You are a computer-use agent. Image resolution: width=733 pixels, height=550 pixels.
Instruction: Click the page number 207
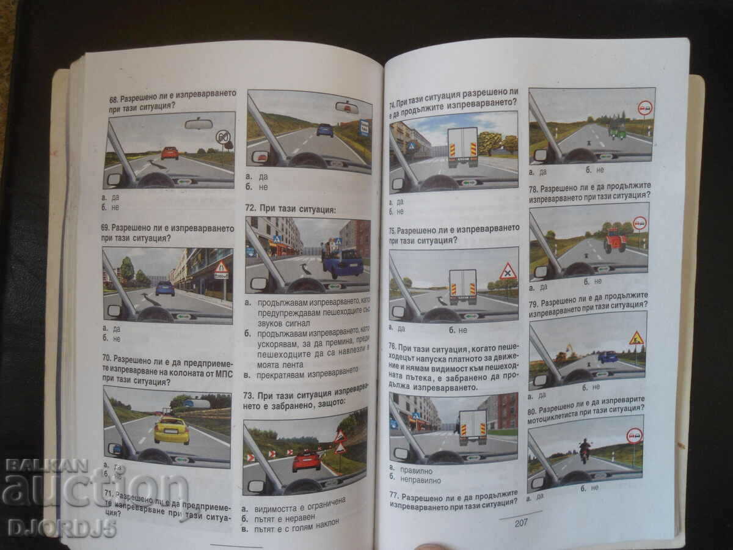coord(520,522)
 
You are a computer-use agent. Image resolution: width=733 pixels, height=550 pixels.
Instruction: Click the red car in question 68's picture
coord(170,153)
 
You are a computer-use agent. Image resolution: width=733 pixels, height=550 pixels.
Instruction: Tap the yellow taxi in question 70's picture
coord(171,430)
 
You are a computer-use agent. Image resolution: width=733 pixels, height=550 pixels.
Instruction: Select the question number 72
coord(250,208)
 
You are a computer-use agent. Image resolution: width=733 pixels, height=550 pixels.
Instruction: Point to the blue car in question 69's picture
coord(165,288)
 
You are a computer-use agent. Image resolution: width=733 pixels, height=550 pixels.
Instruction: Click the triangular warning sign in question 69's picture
coord(221,268)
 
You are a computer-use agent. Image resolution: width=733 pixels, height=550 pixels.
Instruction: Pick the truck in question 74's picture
coord(463,147)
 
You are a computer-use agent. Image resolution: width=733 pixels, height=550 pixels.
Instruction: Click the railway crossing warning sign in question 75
coord(508,271)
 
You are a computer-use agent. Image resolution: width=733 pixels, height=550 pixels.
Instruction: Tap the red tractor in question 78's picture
coord(614,240)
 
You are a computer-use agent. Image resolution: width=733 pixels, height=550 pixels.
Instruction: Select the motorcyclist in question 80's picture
coord(585,450)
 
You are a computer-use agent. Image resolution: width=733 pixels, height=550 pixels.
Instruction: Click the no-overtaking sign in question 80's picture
coord(635,436)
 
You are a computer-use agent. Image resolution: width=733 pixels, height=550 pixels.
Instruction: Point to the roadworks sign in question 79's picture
coord(636,338)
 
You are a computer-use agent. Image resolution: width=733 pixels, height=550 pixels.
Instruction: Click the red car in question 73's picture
coord(306,461)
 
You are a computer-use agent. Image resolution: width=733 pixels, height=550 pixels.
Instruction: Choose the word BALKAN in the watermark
coord(46,466)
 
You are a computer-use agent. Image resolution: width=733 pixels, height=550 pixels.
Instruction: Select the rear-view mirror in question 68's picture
coord(199,124)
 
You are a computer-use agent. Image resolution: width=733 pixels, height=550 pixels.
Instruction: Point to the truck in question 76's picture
coord(473,427)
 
